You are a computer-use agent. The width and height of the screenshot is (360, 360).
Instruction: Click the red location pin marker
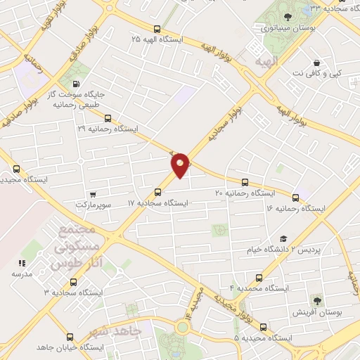[x=181, y=163]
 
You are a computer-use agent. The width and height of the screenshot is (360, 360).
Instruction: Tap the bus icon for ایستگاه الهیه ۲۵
[x=156, y=30]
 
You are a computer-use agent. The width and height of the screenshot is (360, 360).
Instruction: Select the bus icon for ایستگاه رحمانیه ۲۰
[x=245, y=182]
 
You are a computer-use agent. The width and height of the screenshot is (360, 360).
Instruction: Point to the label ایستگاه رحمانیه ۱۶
[x=296, y=209]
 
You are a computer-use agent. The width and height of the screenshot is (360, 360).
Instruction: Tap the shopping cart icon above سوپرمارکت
[x=94, y=193]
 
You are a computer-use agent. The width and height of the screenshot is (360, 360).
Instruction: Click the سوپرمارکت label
[x=95, y=204]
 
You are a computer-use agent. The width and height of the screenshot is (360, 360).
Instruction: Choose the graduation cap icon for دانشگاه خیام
[x=283, y=240]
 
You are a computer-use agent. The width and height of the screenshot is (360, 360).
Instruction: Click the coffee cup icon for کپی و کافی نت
[x=317, y=62]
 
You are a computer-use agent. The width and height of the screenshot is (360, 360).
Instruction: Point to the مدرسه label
[x=21, y=274]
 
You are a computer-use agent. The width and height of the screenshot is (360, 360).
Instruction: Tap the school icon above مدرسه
[x=21, y=263]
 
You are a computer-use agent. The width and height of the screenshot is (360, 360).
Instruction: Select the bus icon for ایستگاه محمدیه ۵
[x=263, y=327]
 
